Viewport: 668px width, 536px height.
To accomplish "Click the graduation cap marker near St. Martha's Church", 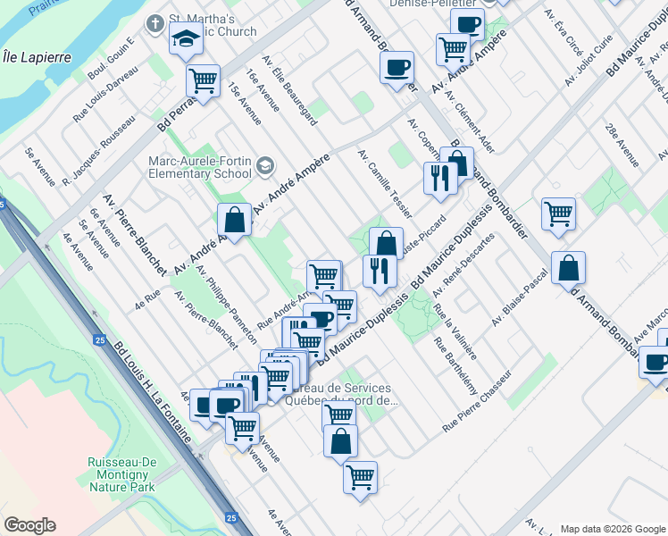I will (186, 38).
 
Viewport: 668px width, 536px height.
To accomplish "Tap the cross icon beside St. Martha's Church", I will (154, 21).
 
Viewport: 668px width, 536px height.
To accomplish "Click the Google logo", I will (29, 525).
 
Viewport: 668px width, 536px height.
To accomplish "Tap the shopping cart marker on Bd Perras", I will (203, 81).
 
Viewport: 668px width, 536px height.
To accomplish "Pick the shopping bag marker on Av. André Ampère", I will (234, 220).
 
